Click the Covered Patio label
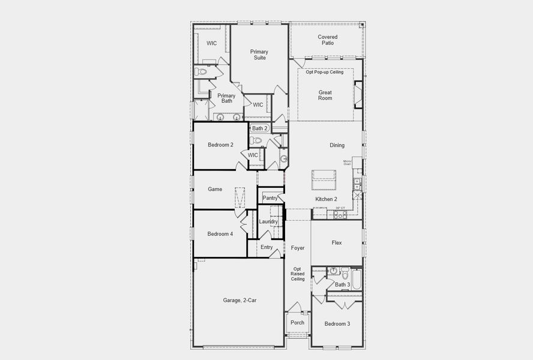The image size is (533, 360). (327, 40)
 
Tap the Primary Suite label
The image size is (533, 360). (259, 55)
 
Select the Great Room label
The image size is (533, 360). (325, 95)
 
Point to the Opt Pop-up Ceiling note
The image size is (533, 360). (325, 72)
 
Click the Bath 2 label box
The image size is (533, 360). (260, 128)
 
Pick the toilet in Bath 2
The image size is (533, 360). (256, 140)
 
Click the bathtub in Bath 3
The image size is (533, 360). (357, 279)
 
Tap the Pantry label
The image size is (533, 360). (270, 198)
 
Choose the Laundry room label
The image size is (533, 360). (268, 221)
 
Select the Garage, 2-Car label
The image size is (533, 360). (239, 300)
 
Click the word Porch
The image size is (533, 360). (297, 323)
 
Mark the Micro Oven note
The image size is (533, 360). (347, 162)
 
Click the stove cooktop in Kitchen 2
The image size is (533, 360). (340, 214)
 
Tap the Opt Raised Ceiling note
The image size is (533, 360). (298, 274)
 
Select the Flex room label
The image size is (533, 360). (337, 243)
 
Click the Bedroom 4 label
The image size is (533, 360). (220, 234)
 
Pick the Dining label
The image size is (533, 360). (337, 145)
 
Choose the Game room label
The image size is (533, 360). (215, 189)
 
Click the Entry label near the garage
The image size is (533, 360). (266, 247)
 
